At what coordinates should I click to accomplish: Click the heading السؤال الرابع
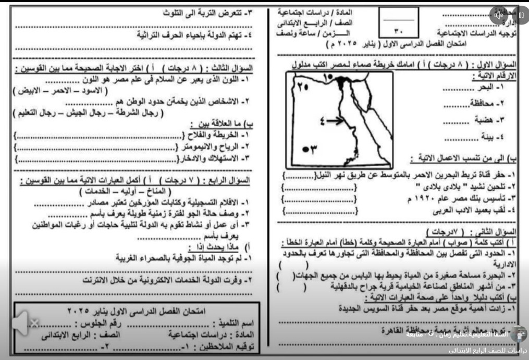point(232,180)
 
